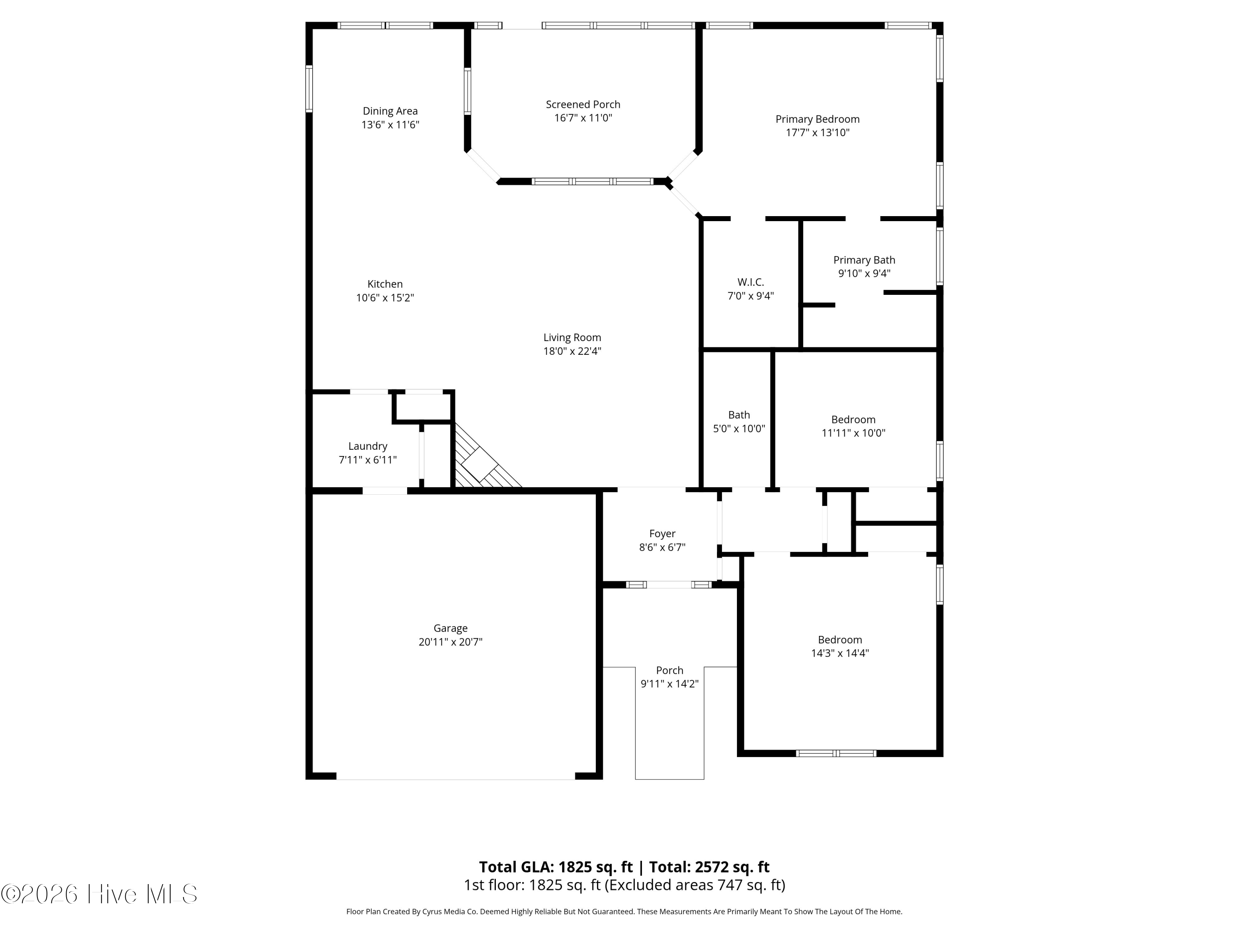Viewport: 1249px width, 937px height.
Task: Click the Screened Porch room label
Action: click(x=583, y=105)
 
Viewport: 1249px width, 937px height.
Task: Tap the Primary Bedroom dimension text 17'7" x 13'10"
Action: click(x=817, y=133)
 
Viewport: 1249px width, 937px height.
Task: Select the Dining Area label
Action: click(x=390, y=111)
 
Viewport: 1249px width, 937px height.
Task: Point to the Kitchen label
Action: click(x=385, y=284)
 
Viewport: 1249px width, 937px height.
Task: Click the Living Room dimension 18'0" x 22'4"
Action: click(x=572, y=351)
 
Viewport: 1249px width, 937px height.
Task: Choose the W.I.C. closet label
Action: click(x=750, y=282)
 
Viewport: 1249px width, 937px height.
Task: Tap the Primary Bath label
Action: click(x=864, y=260)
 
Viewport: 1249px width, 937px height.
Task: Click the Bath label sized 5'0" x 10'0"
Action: click(x=739, y=415)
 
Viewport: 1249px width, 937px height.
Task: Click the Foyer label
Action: click(x=662, y=534)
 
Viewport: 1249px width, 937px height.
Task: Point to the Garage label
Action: click(x=450, y=628)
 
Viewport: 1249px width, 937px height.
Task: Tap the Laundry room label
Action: click(x=367, y=446)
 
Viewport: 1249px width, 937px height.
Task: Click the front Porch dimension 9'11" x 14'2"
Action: click(x=669, y=684)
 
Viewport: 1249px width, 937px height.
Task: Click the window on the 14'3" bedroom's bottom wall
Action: click(x=836, y=753)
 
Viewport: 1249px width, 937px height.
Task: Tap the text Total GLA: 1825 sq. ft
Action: click(x=556, y=867)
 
